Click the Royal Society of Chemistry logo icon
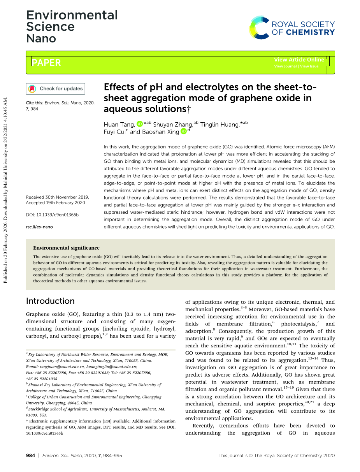click(x=259, y=28)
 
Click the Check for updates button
click(x=55, y=89)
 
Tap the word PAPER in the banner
click(x=46, y=62)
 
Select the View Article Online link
click(x=299, y=60)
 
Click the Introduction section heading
click(x=50, y=301)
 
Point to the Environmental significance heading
click(x=66, y=248)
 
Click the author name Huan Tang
click(x=119, y=124)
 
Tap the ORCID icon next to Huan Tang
click(x=140, y=124)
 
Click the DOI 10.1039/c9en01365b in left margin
click(x=52, y=215)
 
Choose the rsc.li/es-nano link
click(x=39, y=227)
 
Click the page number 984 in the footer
click(x=30, y=455)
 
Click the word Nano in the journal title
click(x=41, y=39)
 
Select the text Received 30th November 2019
click(x=57, y=197)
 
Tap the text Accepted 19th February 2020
click(x=55, y=203)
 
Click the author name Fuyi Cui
click(x=112, y=132)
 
